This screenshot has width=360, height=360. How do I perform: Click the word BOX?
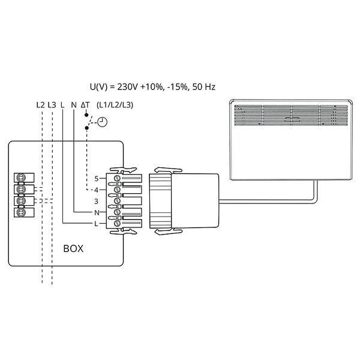click(x=74, y=247)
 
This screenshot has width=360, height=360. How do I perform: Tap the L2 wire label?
click(x=41, y=104)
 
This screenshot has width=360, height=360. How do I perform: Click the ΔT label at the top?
click(x=85, y=104)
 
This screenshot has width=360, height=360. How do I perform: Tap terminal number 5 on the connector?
click(x=95, y=179)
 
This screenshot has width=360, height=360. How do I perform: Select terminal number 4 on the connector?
click(x=95, y=190)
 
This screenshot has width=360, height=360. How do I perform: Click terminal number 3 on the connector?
click(x=95, y=201)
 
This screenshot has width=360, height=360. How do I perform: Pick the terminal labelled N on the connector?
click(x=95, y=212)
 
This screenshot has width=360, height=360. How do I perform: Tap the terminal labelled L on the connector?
click(x=95, y=224)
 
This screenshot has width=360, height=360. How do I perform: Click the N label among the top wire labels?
click(x=74, y=104)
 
